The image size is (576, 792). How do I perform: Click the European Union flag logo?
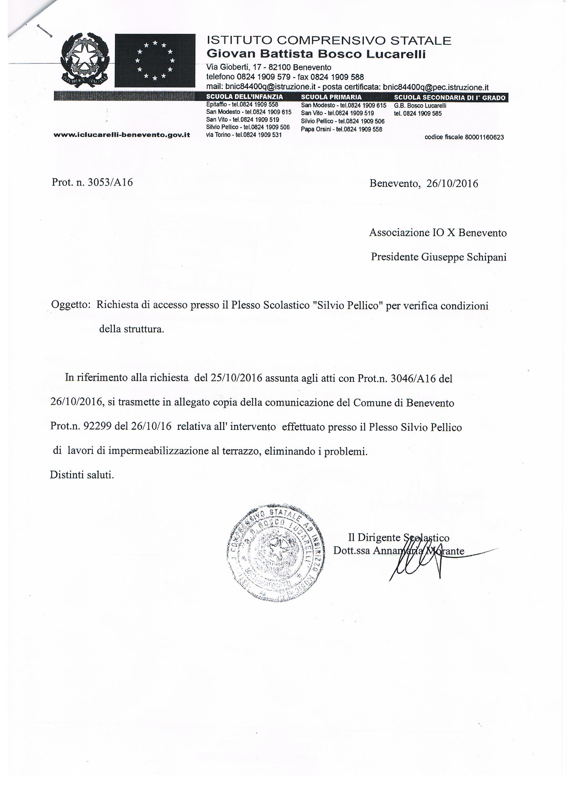point(155,60)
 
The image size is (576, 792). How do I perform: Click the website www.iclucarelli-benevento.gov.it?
point(122,134)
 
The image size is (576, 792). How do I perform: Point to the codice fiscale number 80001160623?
point(484,138)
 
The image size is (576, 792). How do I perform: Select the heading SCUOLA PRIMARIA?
point(331,98)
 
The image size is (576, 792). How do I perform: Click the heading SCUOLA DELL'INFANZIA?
point(245,97)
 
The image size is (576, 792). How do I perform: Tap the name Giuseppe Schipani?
point(464,257)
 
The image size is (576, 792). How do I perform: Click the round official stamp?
point(273,553)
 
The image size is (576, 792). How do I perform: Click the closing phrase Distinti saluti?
point(82,475)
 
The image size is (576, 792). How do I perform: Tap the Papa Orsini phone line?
point(341,129)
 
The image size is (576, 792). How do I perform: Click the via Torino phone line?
point(244,135)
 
